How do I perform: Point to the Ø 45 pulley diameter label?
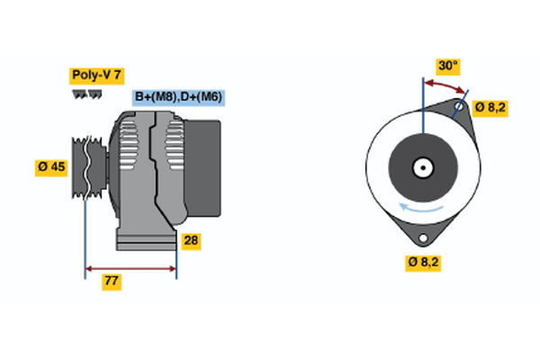click(x=51, y=166)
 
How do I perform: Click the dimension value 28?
click(x=190, y=240)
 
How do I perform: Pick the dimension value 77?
click(x=112, y=282)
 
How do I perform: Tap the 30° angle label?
click(x=447, y=66)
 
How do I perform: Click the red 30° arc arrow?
click(x=446, y=84)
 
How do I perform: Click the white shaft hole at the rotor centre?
click(x=422, y=166)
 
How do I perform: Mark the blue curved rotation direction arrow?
click(x=423, y=209)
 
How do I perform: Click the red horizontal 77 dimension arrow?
click(x=130, y=268)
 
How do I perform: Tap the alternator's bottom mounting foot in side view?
click(x=144, y=240)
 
